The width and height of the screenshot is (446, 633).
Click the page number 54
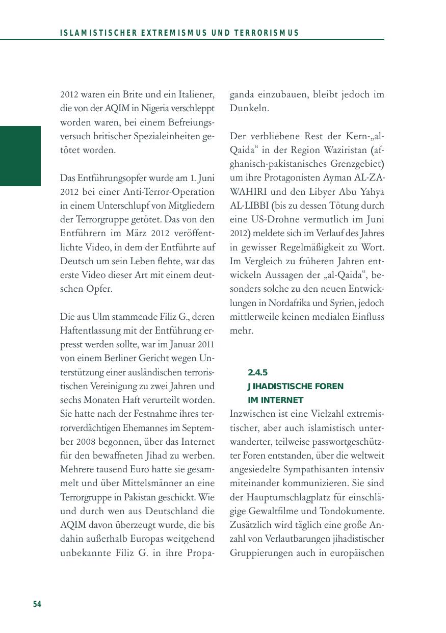pos(37,604)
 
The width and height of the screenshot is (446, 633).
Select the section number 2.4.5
pos(257,373)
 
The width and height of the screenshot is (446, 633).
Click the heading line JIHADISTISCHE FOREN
pos(296,387)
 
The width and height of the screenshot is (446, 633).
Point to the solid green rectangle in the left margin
pos(20,156)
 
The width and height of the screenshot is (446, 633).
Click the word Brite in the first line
pos(133,95)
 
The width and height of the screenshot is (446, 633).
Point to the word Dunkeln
pos(249,109)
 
